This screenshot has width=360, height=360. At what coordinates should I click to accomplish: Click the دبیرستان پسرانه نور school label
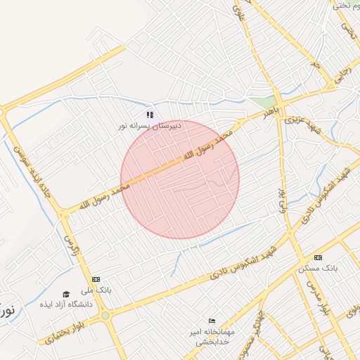(x=149, y=125)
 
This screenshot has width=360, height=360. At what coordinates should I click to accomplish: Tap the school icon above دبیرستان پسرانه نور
(x=149, y=114)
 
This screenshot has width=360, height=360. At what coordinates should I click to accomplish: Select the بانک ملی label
(x=96, y=290)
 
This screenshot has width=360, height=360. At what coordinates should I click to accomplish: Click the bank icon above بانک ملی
(x=96, y=279)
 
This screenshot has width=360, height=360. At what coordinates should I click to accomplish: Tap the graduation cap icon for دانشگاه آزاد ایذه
(x=66, y=294)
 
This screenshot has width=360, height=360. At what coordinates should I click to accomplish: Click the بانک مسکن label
(x=318, y=269)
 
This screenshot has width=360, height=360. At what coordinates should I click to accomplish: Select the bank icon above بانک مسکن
(x=318, y=257)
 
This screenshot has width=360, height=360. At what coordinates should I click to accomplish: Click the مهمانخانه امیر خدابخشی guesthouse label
(x=212, y=335)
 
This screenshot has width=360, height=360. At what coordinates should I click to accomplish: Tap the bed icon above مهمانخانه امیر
(x=212, y=321)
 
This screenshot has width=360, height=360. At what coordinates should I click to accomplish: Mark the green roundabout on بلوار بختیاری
(x=105, y=316)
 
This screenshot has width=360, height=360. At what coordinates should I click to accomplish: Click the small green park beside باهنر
(x=261, y=102)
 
